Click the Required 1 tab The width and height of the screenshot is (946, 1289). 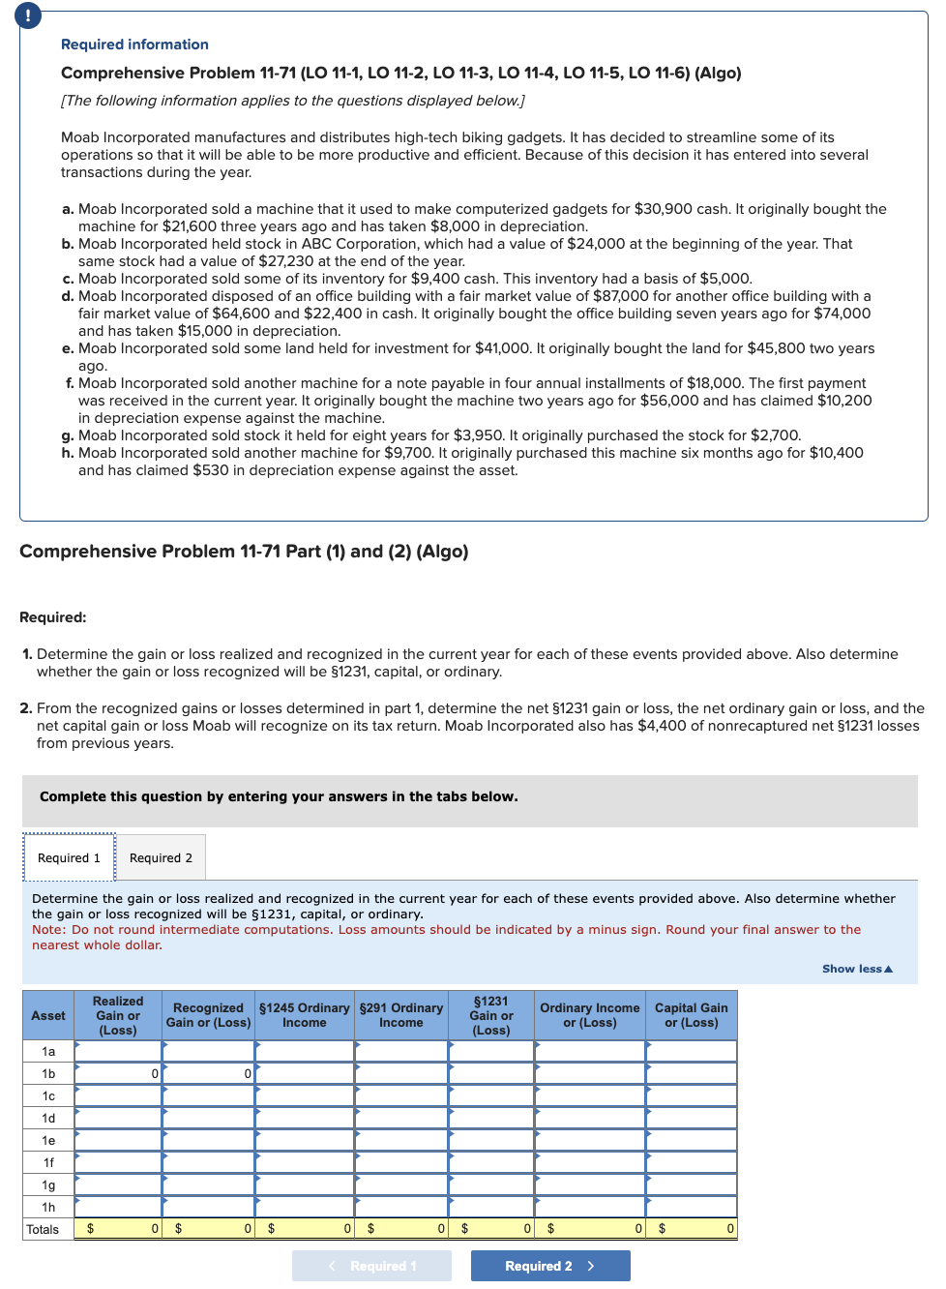point(69,857)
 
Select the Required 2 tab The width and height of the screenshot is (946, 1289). point(161,857)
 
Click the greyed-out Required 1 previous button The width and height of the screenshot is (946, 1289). point(371,1266)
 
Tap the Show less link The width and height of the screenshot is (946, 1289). point(857,969)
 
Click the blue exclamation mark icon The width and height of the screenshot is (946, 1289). point(28,15)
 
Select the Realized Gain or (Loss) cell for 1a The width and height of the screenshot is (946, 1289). point(117,1051)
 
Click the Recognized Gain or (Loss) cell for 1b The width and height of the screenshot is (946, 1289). point(208,1073)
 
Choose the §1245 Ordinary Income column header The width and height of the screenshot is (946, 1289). point(304,1015)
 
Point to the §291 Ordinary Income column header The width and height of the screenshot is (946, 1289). point(400,1015)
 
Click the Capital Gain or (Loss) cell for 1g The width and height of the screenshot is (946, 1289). point(691,1184)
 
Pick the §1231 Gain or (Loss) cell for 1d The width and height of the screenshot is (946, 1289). point(490,1118)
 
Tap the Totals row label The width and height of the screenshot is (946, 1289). point(43,1229)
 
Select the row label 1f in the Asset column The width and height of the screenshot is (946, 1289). point(48,1162)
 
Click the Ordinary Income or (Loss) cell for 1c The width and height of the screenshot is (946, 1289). point(589,1095)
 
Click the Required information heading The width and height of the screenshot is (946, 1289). point(134,45)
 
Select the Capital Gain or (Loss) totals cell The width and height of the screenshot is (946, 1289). point(691,1229)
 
